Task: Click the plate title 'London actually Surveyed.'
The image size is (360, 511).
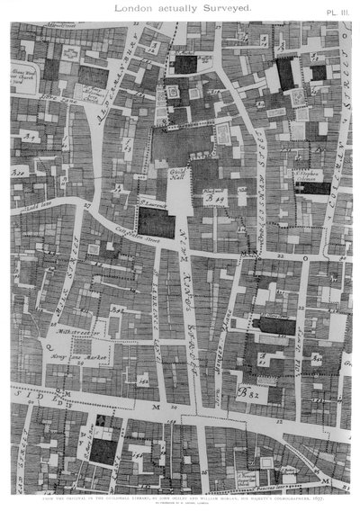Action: [180, 8]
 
